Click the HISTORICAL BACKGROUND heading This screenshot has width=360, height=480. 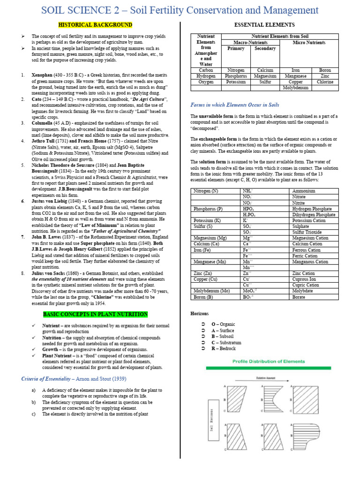point(95,25)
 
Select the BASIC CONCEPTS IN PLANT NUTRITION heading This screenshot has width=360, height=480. point(95,314)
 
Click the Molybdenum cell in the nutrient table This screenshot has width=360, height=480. point(295,88)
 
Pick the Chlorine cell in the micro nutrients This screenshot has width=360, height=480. point(325,82)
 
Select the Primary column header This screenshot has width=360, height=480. point(236,49)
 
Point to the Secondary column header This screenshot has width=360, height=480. point(265,49)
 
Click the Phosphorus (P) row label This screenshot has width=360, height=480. point(209,209)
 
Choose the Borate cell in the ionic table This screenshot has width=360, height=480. point(299,297)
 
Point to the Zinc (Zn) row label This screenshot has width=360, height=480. point(205,273)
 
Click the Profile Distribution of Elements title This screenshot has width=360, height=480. point(269,361)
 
